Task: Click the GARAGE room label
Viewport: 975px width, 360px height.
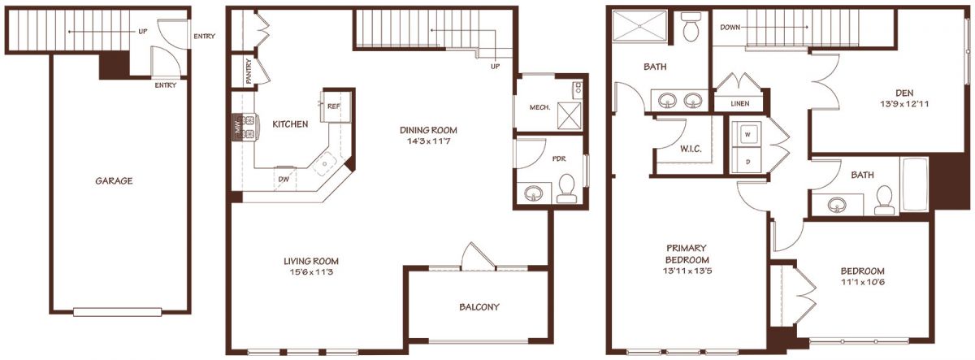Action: pyautogui.click(x=114, y=180)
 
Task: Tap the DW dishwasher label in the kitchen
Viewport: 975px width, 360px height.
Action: pyautogui.click(x=284, y=179)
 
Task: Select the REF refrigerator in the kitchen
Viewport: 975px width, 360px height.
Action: pyautogui.click(x=336, y=106)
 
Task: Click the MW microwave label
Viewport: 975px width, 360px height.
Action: pyautogui.click(x=237, y=127)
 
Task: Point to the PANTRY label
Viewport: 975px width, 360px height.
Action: pyautogui.click(x=249, y=71)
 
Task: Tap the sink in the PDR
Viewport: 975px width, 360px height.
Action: pyautogui.click(x=533, y=193)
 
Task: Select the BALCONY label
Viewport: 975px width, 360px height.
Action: pyautogui.click(x=479, y=307)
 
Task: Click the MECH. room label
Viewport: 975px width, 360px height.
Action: pyautogui.click(x=539, y=107)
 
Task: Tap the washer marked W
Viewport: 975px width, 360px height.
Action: pyautogui.click(x=747, y=135)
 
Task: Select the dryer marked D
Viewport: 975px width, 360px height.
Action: pyautogui.click(x=747, y=161)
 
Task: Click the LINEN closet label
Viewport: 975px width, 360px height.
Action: pyautogui.click(x=740, y=103)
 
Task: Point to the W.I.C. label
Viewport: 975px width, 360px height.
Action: pyautogui.click(x=691, y=149)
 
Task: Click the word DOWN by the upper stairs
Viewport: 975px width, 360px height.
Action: pyautogui.click(x=730, y=28)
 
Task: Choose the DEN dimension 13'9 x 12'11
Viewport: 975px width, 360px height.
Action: pyautogui.click(x=904, y=104)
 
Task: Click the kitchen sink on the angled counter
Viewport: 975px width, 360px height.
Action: pyautogui.click(x=325, y=163)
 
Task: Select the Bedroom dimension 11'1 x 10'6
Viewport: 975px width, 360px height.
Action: pyautogui.click(x=863, y=282)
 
